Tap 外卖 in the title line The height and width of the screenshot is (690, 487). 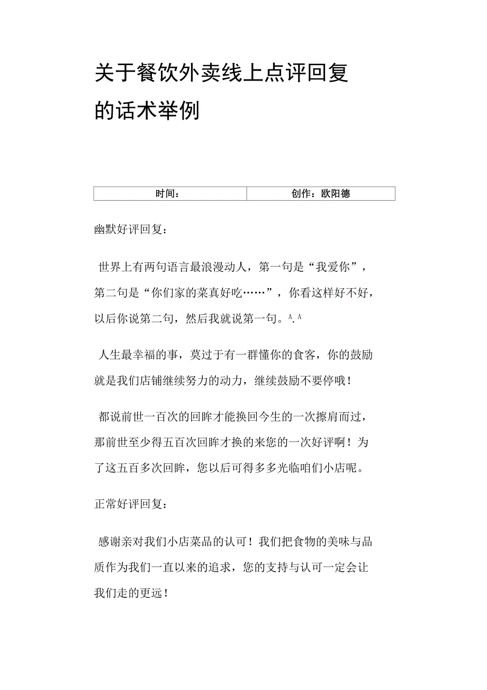pos(203,73)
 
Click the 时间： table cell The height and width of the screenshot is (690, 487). pos(170,194)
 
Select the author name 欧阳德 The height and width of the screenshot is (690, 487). pos(336,194)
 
